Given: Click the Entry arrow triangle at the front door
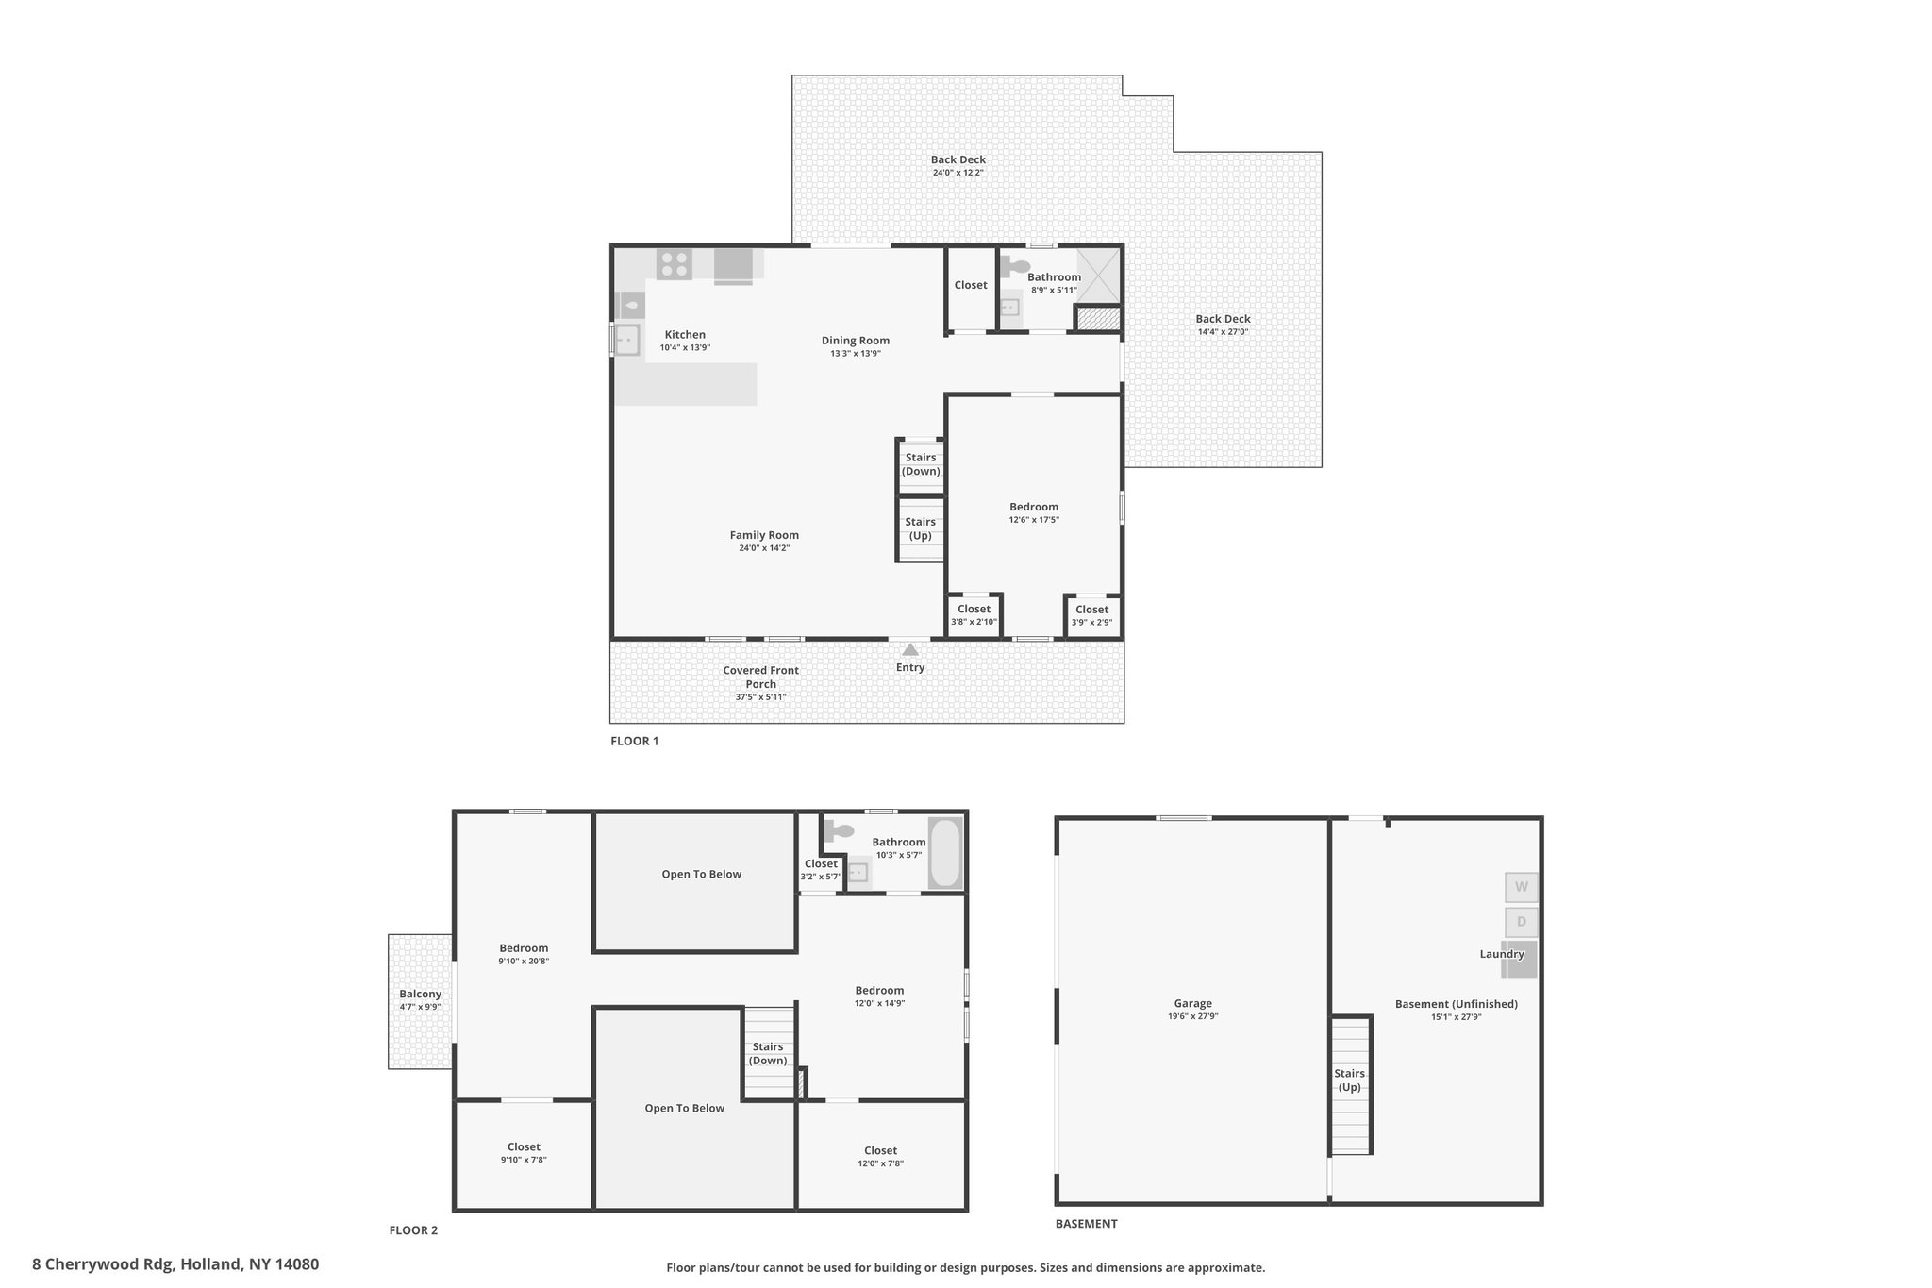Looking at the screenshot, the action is pos(910,649).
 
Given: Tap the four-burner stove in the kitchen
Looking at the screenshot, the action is pos(675,263).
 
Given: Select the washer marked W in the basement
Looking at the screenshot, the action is pos(1521,887).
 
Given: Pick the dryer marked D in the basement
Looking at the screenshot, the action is pos(1521,922).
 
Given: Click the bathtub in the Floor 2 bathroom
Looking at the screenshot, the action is pos(945,853).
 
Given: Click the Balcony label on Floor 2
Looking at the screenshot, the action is pos(420,994).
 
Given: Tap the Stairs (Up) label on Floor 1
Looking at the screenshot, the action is pos(921,528).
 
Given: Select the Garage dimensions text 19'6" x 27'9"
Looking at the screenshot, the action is pos(1193,1016).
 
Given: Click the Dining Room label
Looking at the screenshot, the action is pos(856,341).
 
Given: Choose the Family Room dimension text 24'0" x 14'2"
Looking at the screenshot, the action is pos(764,547).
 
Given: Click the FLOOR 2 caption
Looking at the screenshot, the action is pos(413,1230).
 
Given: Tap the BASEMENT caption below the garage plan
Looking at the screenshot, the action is pos(1086,1224).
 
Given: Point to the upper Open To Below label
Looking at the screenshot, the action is pos(702,874).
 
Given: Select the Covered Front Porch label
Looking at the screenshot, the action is pos(761,677).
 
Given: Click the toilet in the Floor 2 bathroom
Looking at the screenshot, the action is pos(838,831).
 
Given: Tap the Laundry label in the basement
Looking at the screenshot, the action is pos(1502,954).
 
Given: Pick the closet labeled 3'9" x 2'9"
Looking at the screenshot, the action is pos(1092,615).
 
